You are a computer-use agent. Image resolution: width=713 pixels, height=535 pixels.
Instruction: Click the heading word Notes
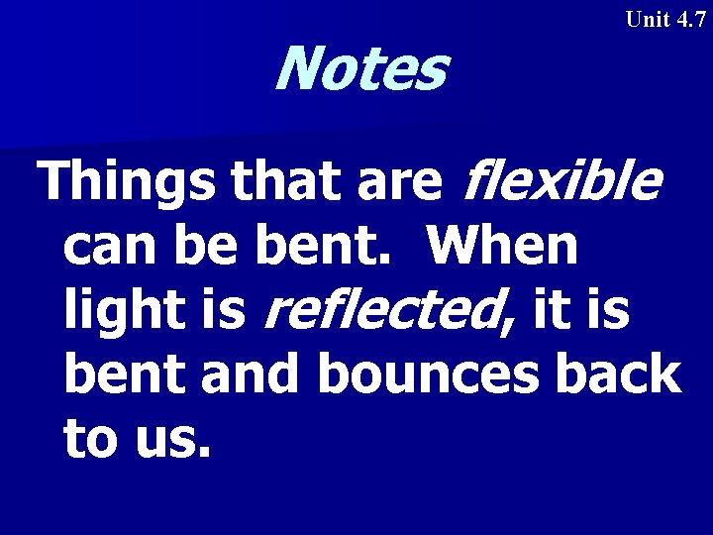tap(359, 69)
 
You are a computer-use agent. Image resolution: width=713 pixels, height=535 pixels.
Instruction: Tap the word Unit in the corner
tap(649, 20)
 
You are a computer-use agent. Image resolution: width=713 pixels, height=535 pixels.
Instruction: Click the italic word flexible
tap(560, 182)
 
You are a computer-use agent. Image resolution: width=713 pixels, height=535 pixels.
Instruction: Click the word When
tap(503, 246)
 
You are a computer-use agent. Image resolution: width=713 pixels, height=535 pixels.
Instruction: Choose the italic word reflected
tap(389, 311)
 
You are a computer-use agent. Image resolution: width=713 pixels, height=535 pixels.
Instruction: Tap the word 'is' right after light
tap(219, 311)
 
